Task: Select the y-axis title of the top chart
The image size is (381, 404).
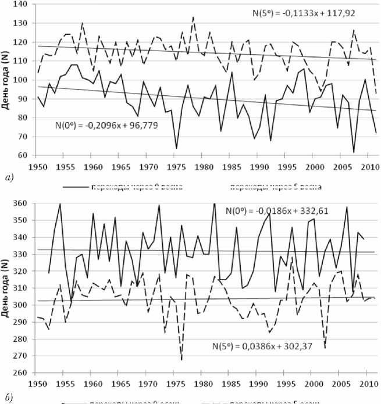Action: point(7,80)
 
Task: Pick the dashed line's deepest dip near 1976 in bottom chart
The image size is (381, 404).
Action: point(181,360)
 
